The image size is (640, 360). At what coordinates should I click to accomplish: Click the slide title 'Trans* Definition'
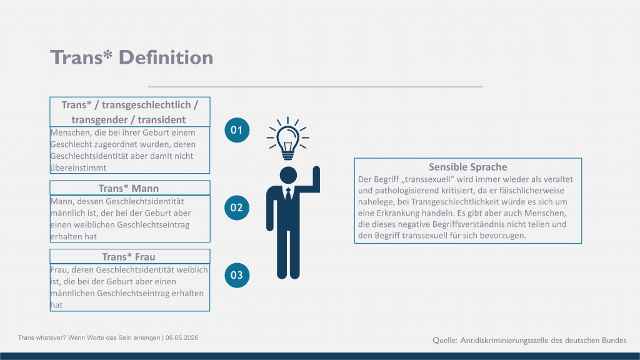(x=131, y=57)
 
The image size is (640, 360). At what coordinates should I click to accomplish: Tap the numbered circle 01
(x=237, y=130)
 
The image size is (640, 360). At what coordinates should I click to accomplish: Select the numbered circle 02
(x=237, y=207)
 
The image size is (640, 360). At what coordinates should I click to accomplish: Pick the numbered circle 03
(x=237, y=275)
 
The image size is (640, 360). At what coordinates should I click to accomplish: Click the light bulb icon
(x=287, y=138)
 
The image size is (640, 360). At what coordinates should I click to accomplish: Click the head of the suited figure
(x=288, y=175)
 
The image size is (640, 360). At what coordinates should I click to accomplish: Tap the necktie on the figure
(x=288, y=194)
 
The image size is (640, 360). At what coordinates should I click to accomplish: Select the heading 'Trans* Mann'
(x=129, y=188)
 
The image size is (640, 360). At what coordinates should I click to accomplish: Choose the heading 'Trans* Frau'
(x=129, y=257)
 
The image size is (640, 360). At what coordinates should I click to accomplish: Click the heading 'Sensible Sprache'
(x=467, y=167)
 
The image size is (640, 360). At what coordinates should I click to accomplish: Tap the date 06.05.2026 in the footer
(x=182, y=338)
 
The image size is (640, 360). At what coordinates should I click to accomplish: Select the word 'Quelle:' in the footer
(x=445, y=341)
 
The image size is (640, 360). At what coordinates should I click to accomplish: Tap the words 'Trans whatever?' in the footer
(x=42, y=338)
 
